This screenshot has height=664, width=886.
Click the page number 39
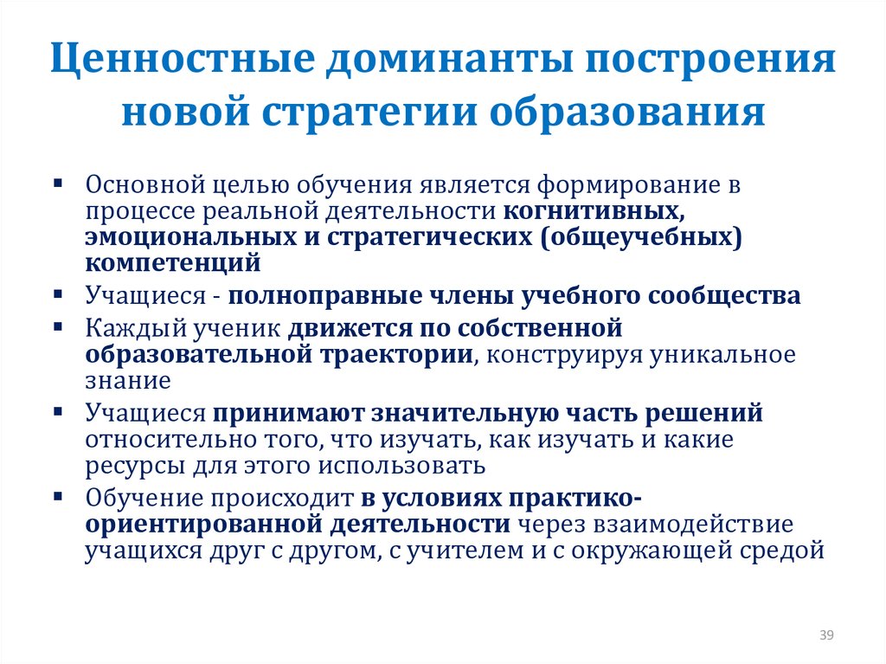pyautogui.click(x=825, y=636)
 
